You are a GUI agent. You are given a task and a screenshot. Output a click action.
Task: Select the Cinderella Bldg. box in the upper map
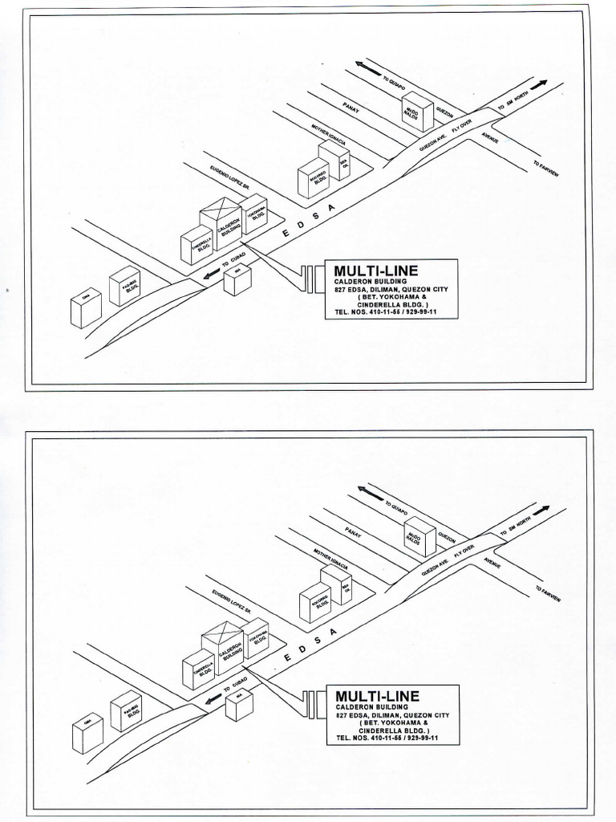coord(197,246)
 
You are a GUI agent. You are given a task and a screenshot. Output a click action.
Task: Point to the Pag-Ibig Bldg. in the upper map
coord(124,286)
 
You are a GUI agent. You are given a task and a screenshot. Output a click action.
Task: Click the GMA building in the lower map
coord(87,733)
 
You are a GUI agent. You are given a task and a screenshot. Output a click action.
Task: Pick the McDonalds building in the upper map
coord(417,112)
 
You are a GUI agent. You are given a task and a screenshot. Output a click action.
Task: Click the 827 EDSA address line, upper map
coord(391,289)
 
